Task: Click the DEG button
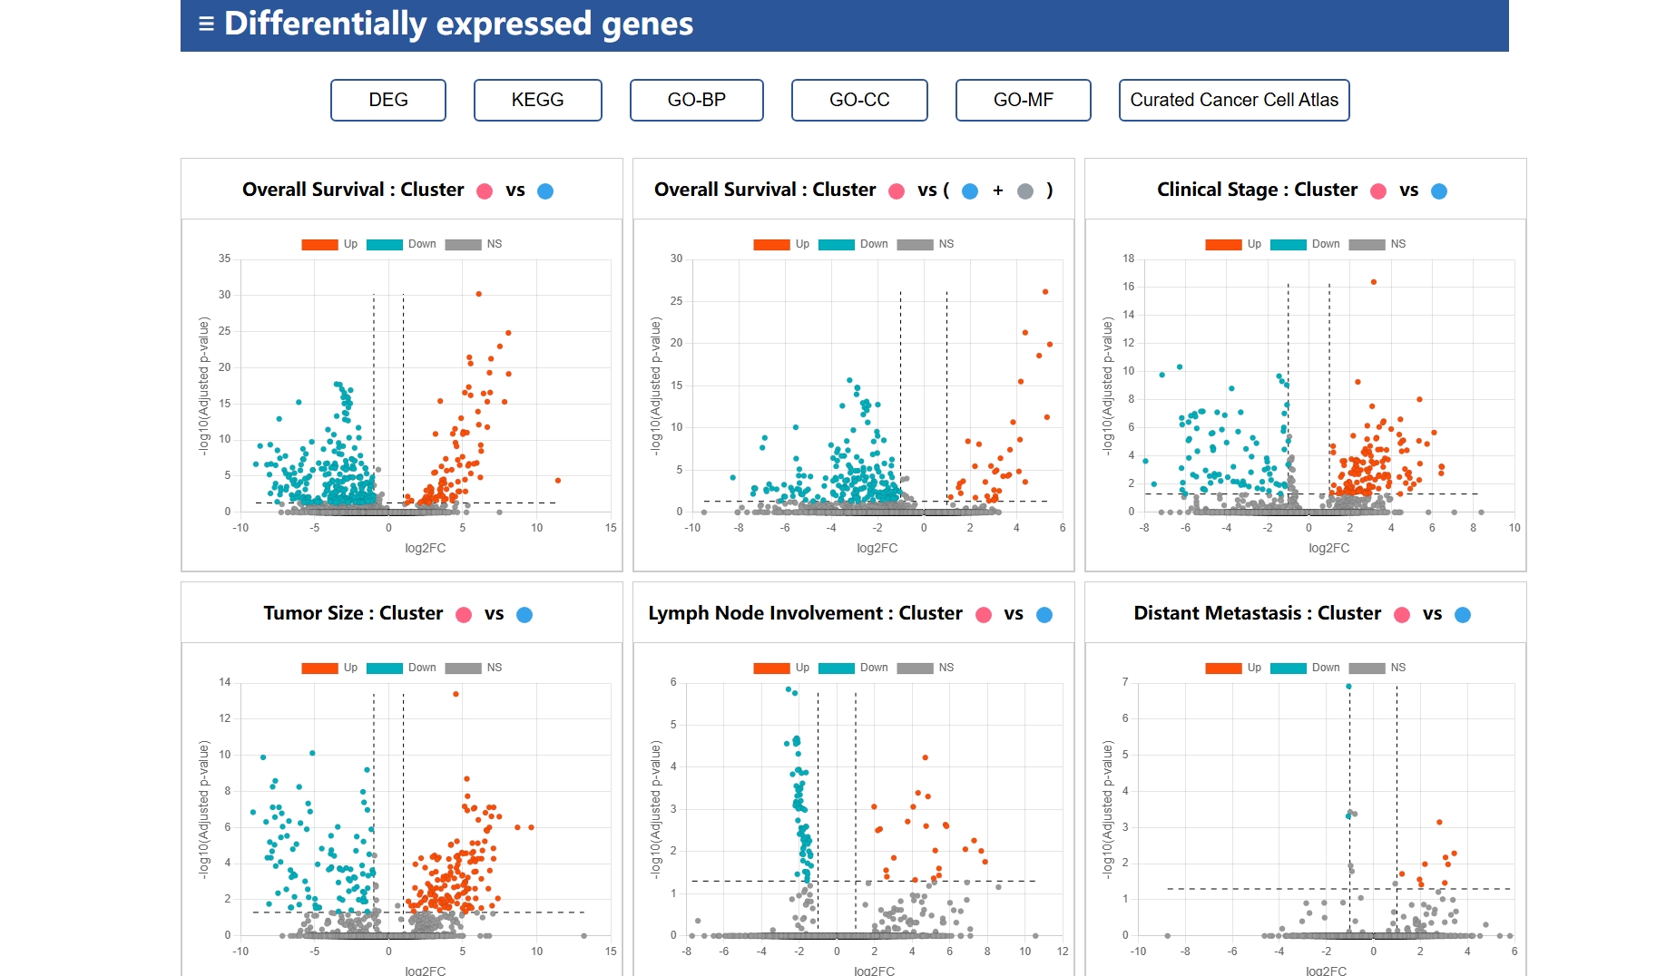(x=387, y=100)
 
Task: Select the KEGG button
(x=537, y=100)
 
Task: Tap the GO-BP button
(x=696, y=100)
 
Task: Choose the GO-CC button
(x=859, y=100)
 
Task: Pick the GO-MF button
(x=1023, y=100)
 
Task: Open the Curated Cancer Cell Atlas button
(x=1233, y=100)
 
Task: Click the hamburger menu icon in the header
(x=206, y=24)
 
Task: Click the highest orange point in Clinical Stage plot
(x=1374, y=282)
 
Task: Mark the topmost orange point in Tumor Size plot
(x=456, y=694)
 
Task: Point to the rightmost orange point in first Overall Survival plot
(x=557, y=480)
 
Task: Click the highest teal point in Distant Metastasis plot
(x=1348, y=687)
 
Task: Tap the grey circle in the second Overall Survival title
(x=1025, y=191)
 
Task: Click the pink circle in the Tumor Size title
(x=464, y=615)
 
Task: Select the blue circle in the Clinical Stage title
(x=1439, y=191)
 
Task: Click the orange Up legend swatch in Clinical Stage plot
(x=1223, y=244)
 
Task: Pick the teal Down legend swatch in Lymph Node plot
(x=836, y=668)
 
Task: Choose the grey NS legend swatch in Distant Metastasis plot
(x=1367, y=668)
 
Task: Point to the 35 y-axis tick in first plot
(x=224, y=259)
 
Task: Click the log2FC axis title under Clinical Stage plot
(x=1328, y=548)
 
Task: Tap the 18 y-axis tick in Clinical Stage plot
(x=1128, y=259)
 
